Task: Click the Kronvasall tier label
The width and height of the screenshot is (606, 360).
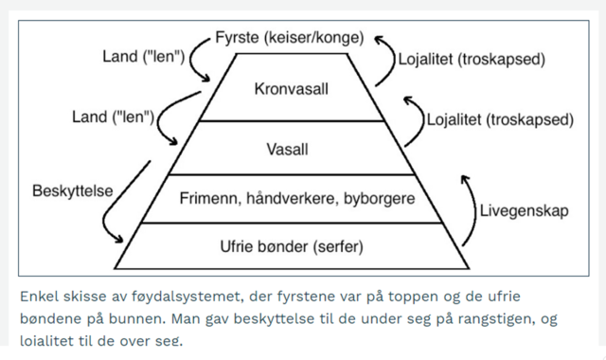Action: point(293,89)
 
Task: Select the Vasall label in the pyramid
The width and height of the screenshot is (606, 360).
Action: point(293,149)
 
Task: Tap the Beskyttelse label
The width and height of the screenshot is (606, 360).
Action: point(73,191)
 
